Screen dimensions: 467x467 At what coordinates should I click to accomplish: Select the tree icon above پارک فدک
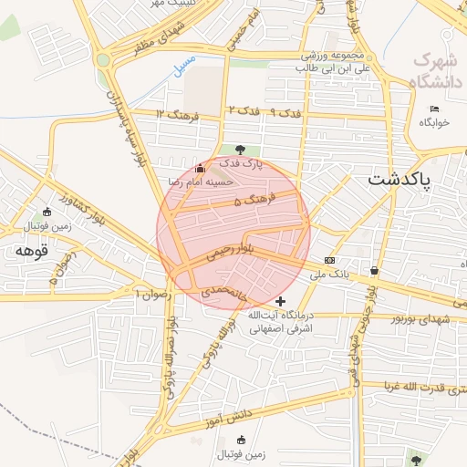pyautogui.click(x=239, y=150)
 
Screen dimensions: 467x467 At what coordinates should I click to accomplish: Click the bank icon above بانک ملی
pyautogui.click(x=329, y=260)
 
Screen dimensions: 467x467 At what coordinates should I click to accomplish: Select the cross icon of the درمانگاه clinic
pyautogui.click(x=280, y=300)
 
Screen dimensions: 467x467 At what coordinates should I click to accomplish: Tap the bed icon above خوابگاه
pyautogui.click(x=434, y=109)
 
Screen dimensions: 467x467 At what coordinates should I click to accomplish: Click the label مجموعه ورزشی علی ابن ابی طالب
pyautogui.click(x=337, y=61)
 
